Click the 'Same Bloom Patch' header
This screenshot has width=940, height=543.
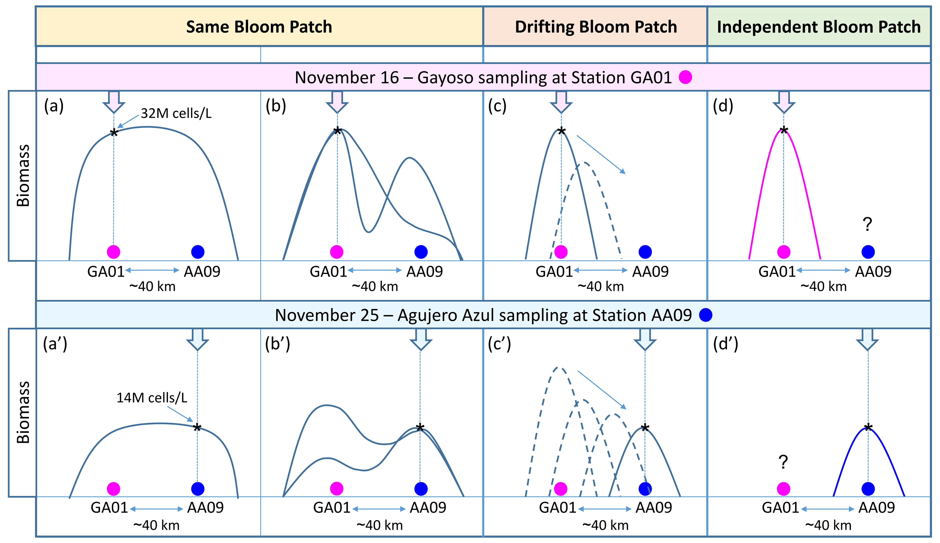[x=259, y=27]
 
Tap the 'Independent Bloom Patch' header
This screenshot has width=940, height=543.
[x=819, y=27]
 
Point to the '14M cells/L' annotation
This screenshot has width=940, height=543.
[x=152, y=398]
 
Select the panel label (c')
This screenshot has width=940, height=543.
[x=499, y=344]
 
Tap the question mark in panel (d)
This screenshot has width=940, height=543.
[x=867, y=224]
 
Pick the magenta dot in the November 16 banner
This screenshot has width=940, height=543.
[x=685, y=77]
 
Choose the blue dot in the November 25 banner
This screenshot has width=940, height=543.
[x=706, y=315]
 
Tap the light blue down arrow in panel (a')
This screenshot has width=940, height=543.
[x=197, y=339]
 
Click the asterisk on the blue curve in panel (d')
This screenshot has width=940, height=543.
[x=868, y=427]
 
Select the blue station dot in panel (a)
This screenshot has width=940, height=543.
[x=198, y=252]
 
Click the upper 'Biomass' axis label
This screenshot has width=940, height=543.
[x=23, y=175]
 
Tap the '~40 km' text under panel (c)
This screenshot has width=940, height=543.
[x=600, y=286]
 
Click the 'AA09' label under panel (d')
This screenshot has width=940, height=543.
[x=877, y=508]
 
